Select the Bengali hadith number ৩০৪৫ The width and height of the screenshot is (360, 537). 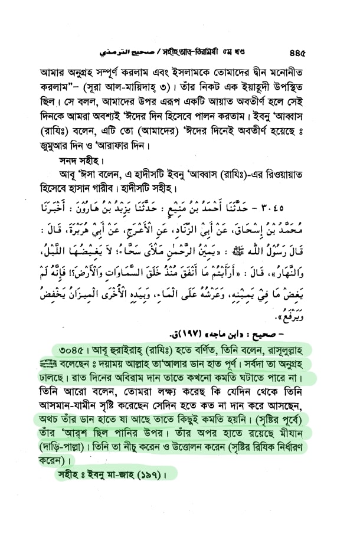point(75,353)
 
